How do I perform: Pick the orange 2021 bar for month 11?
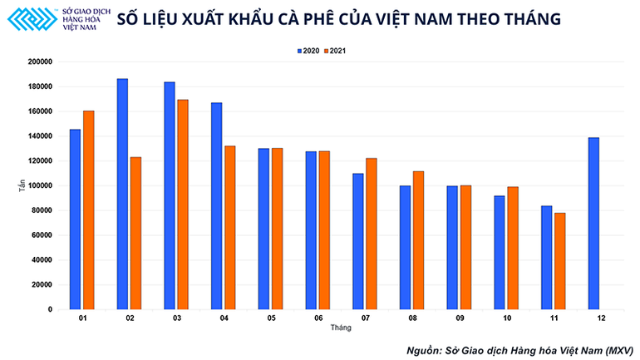click(560, 261)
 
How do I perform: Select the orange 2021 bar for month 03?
click(183, 205)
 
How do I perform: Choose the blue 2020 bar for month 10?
click(500, 253)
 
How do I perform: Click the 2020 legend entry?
click(308, 51)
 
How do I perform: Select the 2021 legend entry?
click(334, 51)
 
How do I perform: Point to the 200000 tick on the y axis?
click(40, 62)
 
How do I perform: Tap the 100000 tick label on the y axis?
click(40, 186)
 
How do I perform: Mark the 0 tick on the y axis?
click(51, 309)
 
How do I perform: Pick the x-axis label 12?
click(600, 318)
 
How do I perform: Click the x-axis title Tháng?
click(341, 328)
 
